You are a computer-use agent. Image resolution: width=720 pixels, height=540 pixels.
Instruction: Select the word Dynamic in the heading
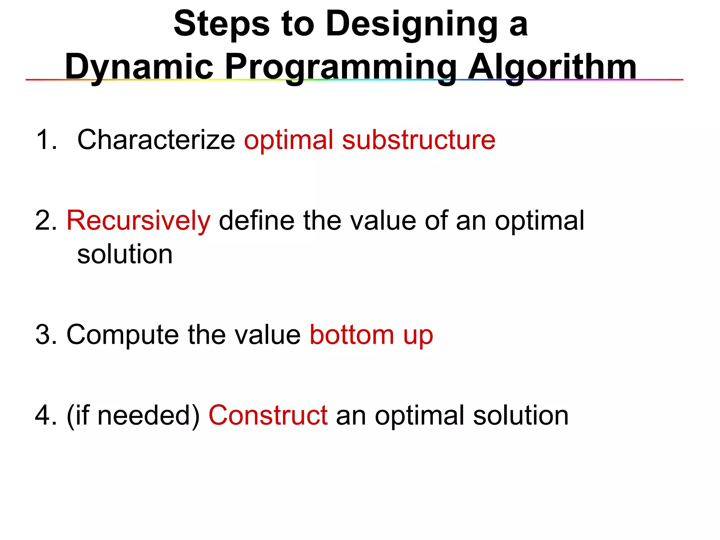[x=139, y=67]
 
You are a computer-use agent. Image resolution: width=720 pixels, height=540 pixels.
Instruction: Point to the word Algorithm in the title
[x=552, y=67]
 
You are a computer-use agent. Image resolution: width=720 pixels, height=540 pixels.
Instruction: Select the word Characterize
[x=156, y=140]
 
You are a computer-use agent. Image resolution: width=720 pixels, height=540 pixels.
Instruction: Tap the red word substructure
[x=418, y=140]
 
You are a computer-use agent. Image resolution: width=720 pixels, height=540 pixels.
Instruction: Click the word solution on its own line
[x=125, y=254]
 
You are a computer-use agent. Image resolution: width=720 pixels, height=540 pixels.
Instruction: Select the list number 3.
[x=46, y=335]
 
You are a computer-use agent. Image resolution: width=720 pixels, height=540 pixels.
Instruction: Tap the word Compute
[x=123, y=335]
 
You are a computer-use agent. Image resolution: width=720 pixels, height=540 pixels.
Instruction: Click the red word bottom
[x=352, y=335]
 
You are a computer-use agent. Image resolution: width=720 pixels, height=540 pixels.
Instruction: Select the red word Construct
[x=268, y=416]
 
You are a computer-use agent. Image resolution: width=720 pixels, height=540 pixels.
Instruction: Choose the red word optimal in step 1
[x=288, y=140]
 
